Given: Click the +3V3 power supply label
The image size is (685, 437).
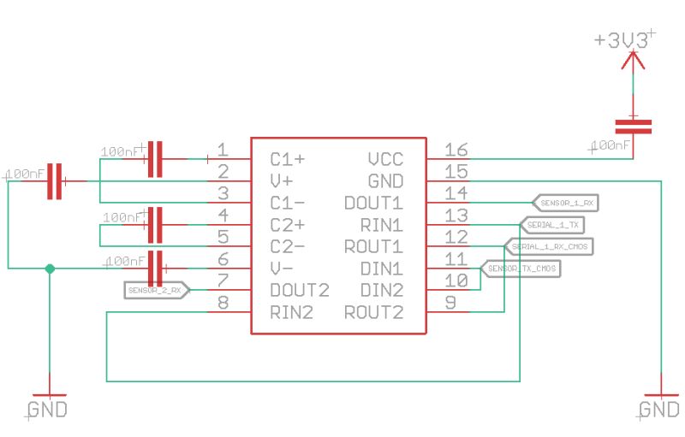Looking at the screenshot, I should [624, 40].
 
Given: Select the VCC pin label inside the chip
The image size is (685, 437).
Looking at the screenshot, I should [384, 159].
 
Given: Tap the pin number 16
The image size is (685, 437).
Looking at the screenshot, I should [456, 151].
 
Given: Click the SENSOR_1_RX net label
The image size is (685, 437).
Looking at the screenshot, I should [568, 203].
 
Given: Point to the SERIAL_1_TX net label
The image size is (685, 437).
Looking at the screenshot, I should [553, 225].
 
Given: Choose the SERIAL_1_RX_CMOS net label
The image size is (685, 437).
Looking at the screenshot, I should [551, 247].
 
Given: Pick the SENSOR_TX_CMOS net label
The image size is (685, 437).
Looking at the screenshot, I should [521, 269].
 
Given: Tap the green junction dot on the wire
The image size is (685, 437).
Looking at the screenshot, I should [50, 269].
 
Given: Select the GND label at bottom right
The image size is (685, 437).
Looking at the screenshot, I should [659, 410].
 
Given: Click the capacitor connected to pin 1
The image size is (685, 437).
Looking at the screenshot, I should [155, 158].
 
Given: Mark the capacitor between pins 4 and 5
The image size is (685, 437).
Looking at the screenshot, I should [155, 225].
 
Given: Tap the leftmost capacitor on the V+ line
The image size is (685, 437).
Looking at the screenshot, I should [55, 180].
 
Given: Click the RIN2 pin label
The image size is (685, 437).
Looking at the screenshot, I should [290, 313].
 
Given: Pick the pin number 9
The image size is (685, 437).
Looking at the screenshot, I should [450, 303].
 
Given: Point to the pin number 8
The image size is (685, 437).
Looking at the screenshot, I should [223, 303].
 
